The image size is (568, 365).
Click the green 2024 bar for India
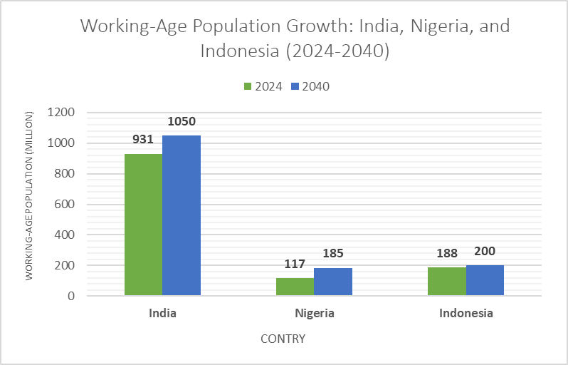coord(143,225)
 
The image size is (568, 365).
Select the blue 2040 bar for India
coord(182,215)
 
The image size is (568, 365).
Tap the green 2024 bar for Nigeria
coord(295,287)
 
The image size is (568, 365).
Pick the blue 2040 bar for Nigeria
coord(333,282)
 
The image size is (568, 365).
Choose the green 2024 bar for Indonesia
coord(446,281)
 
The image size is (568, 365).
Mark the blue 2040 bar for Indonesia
coord(485,280)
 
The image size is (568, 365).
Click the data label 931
coord(143,139)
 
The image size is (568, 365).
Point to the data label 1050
coord(182,121)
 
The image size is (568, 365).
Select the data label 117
coord(295,264)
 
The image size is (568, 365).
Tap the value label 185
coord(333,253)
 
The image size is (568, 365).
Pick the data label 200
coord(485,251)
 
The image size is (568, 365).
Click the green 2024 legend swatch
coord(248,87)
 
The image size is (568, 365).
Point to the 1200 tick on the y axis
coord(61,113)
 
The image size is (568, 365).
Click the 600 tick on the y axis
coord(65,205)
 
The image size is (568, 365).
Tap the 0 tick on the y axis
coord(71,296)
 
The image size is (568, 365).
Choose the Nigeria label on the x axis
coord(314,313)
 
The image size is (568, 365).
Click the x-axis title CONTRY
coord(283,339)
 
